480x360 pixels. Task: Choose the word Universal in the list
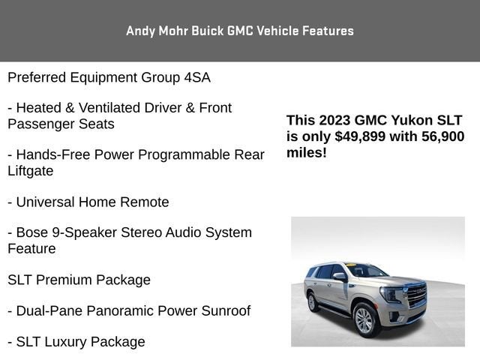point(49,202)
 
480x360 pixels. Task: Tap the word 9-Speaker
point(82,232)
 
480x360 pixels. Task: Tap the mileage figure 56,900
point(439,136)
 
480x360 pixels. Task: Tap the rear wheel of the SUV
point(313,301)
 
